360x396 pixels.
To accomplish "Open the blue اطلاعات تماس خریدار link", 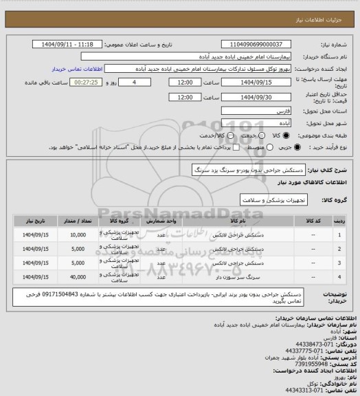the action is coord(77,69).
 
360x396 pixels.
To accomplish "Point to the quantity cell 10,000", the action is coord(78,235).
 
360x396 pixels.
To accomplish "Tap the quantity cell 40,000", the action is coord(78,276).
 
